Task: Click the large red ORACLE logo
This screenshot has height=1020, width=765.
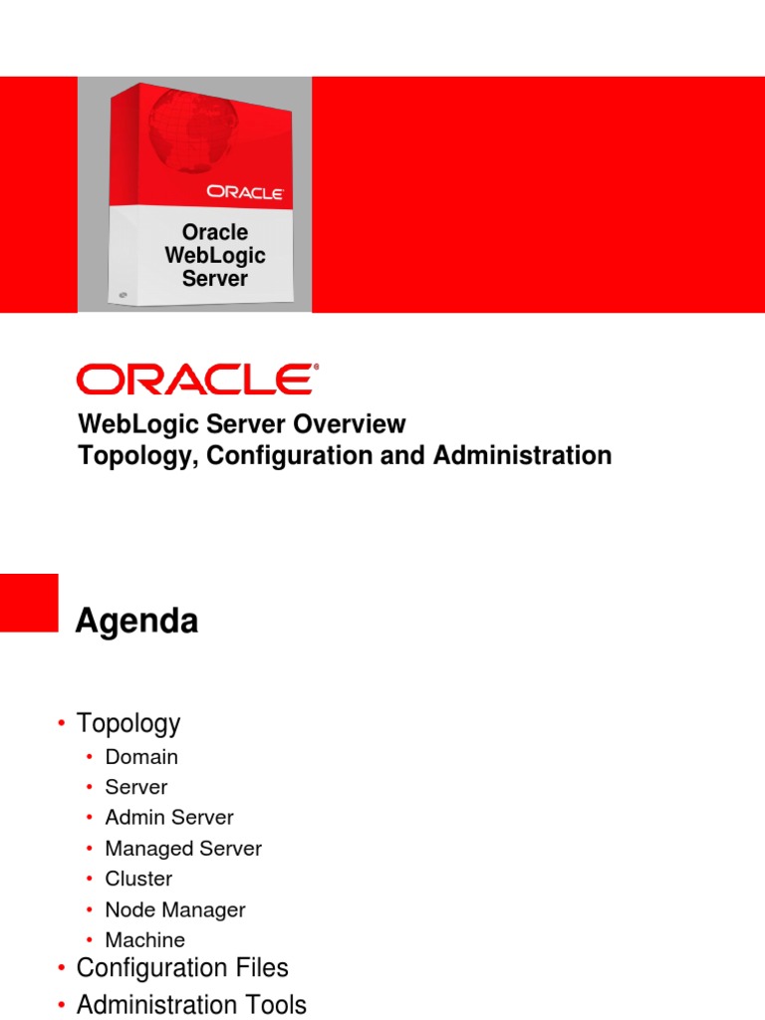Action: (x=197, y=380)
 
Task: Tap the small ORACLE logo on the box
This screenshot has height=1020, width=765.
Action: (x=246, y=191)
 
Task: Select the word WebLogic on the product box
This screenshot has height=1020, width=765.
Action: (x=215, y=255)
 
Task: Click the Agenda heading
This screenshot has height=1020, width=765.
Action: (x=137, y=622)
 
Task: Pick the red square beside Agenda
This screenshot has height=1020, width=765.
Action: (x=29, y=602)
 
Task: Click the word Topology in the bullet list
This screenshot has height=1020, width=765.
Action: (x=128, y=723)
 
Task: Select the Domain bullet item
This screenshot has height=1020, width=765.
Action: (x=141, y=757)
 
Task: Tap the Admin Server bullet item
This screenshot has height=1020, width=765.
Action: (x=169, y=818)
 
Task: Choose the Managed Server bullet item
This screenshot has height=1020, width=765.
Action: (x=183, y=849)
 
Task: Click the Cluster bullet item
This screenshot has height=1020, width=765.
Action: (x=138, y=879)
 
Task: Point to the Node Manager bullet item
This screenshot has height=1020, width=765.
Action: (x=175, y=909)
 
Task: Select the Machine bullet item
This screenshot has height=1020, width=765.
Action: (x=145, y=940)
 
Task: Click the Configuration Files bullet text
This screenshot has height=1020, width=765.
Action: (x=182, y=968)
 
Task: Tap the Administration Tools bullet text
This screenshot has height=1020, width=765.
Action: (x=191, y=1004)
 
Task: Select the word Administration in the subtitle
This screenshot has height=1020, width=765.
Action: (x=521, y=456)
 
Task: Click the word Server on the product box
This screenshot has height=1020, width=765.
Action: (x=215, y=278)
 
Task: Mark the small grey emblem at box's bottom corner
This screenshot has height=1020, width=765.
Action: (x=123, y=295)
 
